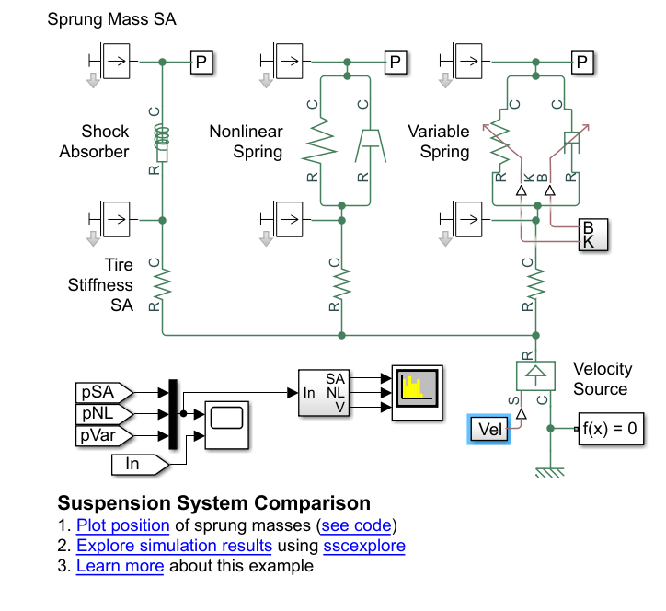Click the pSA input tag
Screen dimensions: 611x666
pyautogui.click(x=103, y=393)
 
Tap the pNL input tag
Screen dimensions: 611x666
pyautogui.click(x=103, y=414)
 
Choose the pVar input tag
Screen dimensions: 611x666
pyautogui.click(x=103, y=434)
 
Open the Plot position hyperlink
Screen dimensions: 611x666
pyautogui.click(x=122, y=525)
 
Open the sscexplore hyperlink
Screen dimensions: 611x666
pyautogui.click(x=363, y=546)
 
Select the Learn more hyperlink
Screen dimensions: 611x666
pyautogui.click(x=120, y=566)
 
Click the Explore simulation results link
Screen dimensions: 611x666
pyautogui.click(x=174, y=546)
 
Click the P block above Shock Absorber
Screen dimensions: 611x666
pyautogui.click(x=202, y=62)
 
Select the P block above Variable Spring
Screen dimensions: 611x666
pyautogui.click(x=580, y=62)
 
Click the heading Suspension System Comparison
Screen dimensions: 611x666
pyautogui.click(x=213, y=503)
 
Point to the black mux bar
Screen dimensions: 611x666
pyautogui.click(x=172, y=415)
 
